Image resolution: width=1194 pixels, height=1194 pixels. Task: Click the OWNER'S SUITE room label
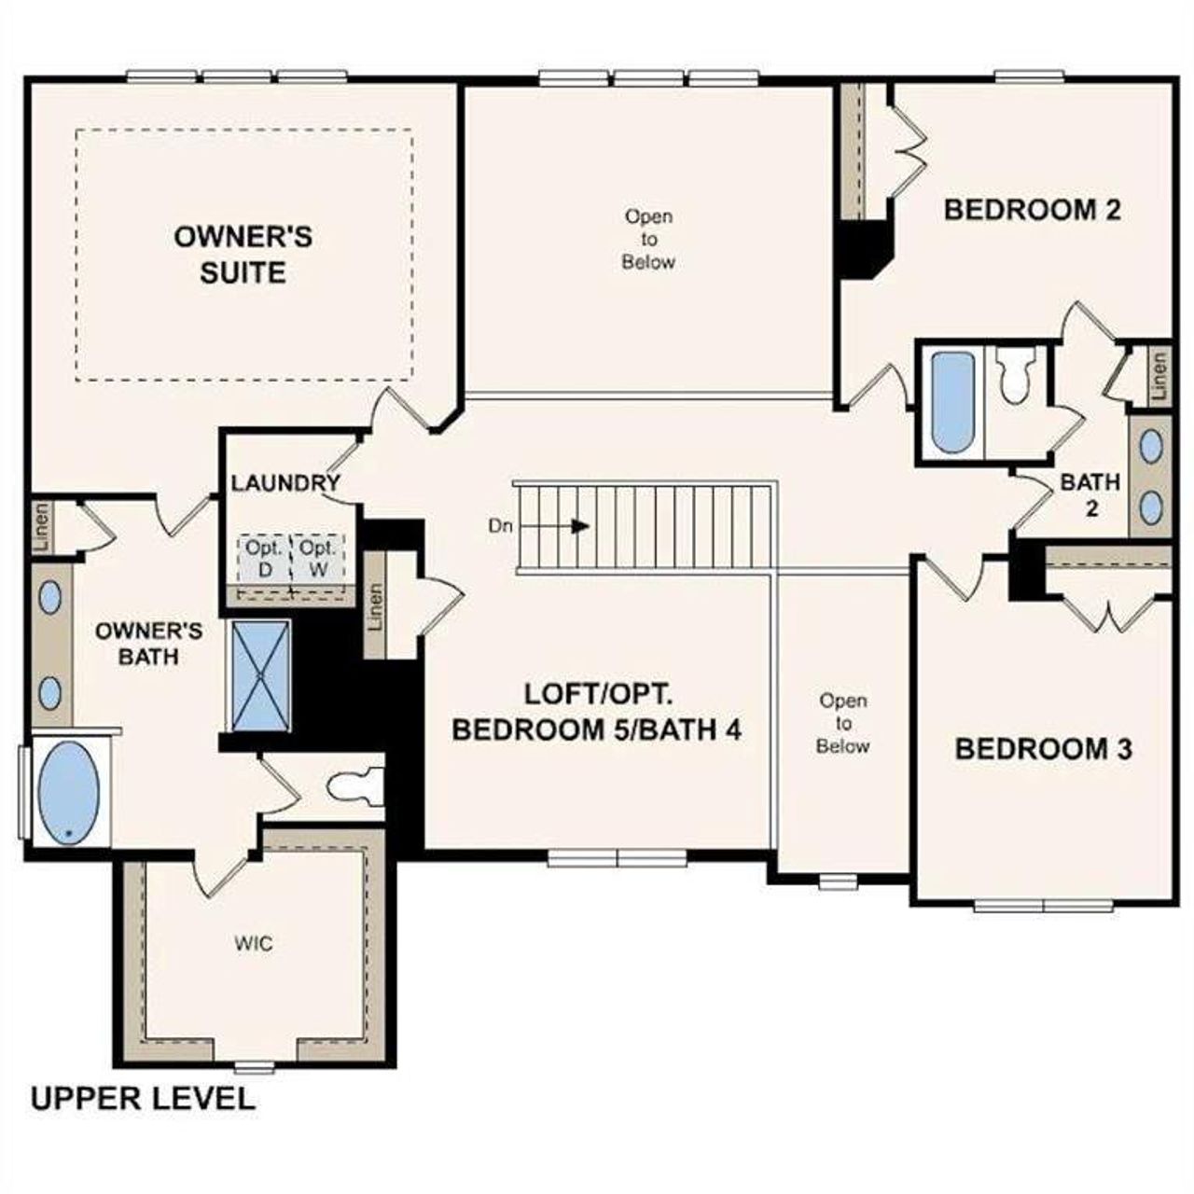coord(243,254)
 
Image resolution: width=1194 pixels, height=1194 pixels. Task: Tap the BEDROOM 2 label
coord(1032,209)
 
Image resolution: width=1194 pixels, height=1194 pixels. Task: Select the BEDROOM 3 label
coord(1043,748)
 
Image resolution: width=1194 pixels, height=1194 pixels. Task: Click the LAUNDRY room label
coord(285,483)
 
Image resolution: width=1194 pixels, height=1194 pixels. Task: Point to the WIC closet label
coord(254,944)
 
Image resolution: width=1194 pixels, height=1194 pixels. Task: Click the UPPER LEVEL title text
coord(143,1098)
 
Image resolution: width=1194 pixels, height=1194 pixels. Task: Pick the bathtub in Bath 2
coord(952,402)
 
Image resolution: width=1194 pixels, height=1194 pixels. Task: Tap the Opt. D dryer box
coord(265,559)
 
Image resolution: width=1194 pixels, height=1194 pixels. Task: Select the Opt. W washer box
coord(318,559)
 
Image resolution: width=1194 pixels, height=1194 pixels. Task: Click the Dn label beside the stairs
coord(500,526)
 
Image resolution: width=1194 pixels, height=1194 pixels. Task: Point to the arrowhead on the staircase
coord(580,526)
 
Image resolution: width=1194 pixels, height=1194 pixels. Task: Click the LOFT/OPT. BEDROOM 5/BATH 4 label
coord(597,712)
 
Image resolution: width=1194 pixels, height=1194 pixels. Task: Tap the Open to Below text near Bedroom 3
coord(843,723)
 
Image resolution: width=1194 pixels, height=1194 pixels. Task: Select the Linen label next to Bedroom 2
coord(1159,376)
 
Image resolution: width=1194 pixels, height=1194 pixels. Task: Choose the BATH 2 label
coord(1090,495)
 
